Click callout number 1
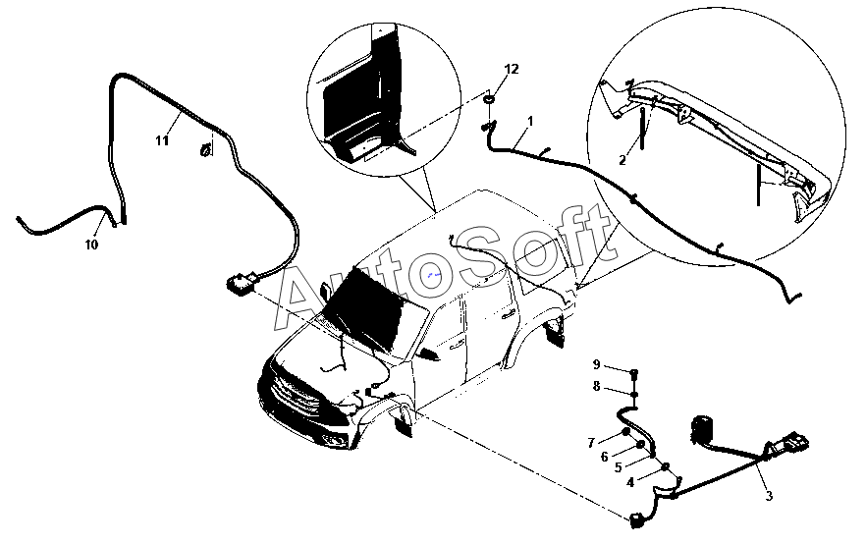pyautogui.click(x=530, y=121)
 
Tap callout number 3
pyautogui.click(x=769, y=496)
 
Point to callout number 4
pyautogui.click(x=629, y=481)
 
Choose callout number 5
pyautogui.click(x=618, y=467)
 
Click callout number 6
pyautogui.click(x=605, y=456)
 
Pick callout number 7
pyautogui.click(x=591, y=442)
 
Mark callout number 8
pyautogui.click(x=595, y=387)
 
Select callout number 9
pyautogui.click(x=595, y=365)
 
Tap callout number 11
pyautogui.click(x=162, y=140)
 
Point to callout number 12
pyautogui.click(x=511, y=69)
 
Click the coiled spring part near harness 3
pyautogui.click(x=702, y=429)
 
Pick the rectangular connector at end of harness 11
pyautogui.click(x=239, y=284)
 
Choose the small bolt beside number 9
pyautogui.click(x=633, y=371)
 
